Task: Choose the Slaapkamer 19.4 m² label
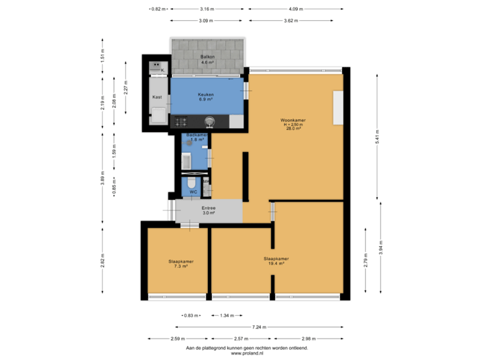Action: pos(276,261)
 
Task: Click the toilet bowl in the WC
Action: pos(192,183)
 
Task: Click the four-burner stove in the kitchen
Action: pos(181,121)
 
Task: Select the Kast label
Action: pos(157,97)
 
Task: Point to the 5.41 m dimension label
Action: pos(376,137)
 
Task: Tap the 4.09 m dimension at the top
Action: pos(296,9)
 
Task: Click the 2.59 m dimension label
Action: pos(178,339)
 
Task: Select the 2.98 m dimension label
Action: pos(309,339)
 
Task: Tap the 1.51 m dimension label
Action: pos(102,56)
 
